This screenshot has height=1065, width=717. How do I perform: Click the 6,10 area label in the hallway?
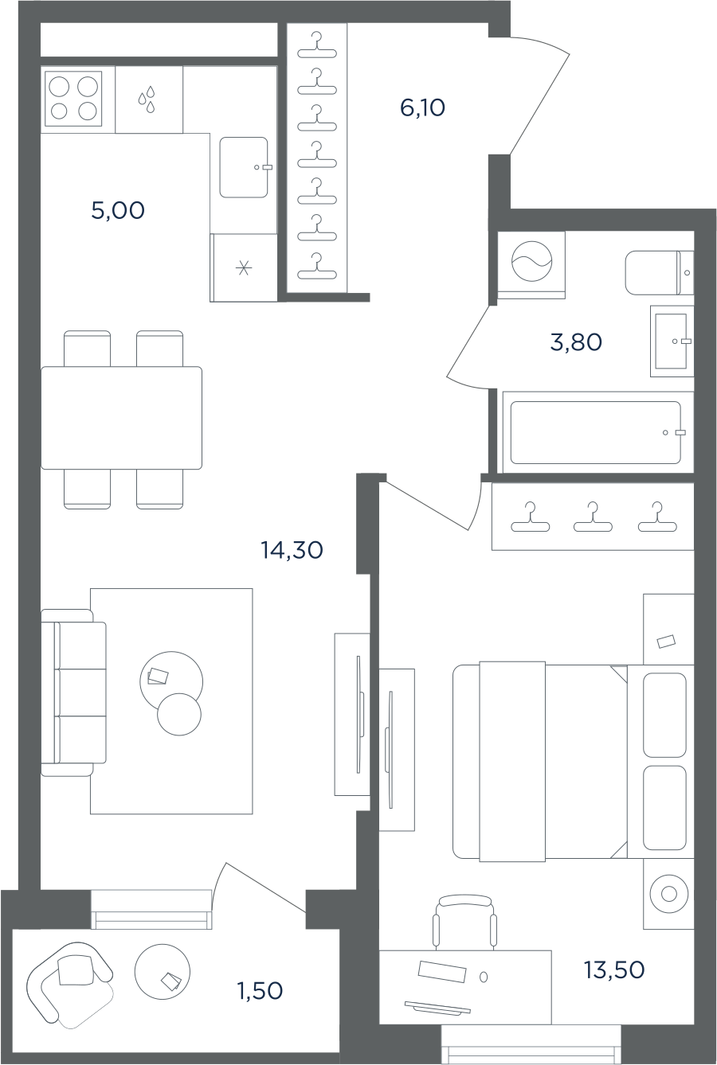[422, 108]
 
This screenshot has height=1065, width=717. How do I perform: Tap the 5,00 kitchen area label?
[118, 210]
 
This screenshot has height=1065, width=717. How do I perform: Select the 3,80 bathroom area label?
[576, 342]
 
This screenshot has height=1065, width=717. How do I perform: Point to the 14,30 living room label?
[292, 550]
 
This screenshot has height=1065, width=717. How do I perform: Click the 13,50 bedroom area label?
[614, 970]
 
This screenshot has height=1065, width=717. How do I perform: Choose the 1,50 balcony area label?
[260, 991]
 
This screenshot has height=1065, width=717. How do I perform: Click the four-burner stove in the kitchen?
[73, 99]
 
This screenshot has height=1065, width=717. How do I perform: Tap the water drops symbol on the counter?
[147, 99]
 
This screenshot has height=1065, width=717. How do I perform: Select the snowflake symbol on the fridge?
[244, 269]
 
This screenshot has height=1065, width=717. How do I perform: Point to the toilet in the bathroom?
[660, 272]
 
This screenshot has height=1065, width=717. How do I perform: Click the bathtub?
[596, 432]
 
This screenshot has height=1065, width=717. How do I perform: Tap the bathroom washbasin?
[672, 341]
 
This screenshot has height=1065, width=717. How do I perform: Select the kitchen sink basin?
[244, 167]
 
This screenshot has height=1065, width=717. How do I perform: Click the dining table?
[121, 417]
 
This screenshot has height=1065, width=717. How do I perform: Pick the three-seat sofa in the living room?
[74, 692]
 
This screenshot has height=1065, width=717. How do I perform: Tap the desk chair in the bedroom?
[464, 923]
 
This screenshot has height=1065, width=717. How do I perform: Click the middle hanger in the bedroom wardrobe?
[593, 517]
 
